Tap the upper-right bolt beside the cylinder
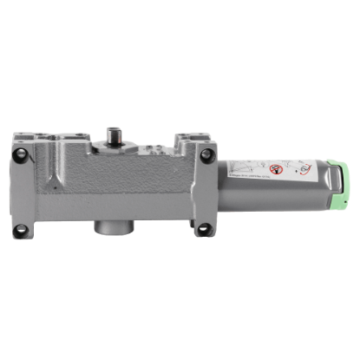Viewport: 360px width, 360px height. click(x=206, y=157)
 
